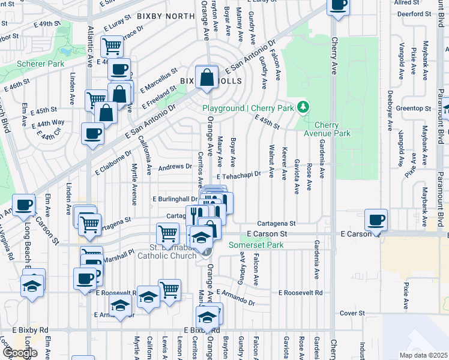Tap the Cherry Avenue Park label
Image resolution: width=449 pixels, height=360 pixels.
click(x=328, y=129)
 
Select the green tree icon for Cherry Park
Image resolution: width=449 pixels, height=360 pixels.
click(x=304, y=107)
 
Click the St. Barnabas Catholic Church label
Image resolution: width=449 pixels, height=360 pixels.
click(x=173, y=252)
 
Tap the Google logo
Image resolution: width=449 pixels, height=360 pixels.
click(x=20, y=352)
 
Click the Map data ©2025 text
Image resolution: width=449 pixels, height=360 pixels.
click(x=423, y=355)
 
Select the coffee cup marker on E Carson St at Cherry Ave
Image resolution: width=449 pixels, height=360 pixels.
click(x=376, y=220)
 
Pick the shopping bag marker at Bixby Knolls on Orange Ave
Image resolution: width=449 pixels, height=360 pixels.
click(x=206, y=77)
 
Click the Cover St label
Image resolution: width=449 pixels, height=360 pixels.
click(x=352, y=313)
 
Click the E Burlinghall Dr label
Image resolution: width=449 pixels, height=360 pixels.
click(x=175, y=199)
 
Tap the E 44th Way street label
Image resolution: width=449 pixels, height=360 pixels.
click(x=50, y=122)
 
